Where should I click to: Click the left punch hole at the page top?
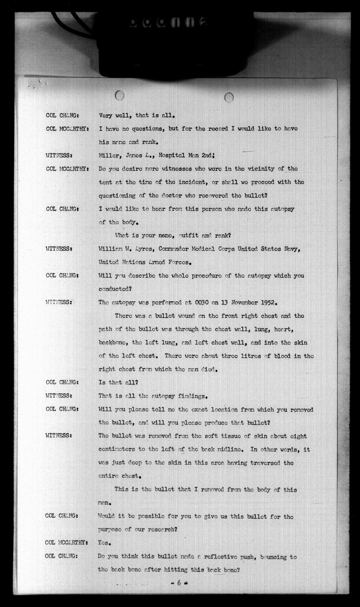(x=119, y=95)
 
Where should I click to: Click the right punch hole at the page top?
(x=229, y=97)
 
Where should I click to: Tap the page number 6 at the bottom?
(x=179, y=582)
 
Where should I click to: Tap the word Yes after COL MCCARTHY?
(x=104, y=543)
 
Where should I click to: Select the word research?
(x=160, y=530)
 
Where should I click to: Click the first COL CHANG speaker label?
(x=62, y=115)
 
